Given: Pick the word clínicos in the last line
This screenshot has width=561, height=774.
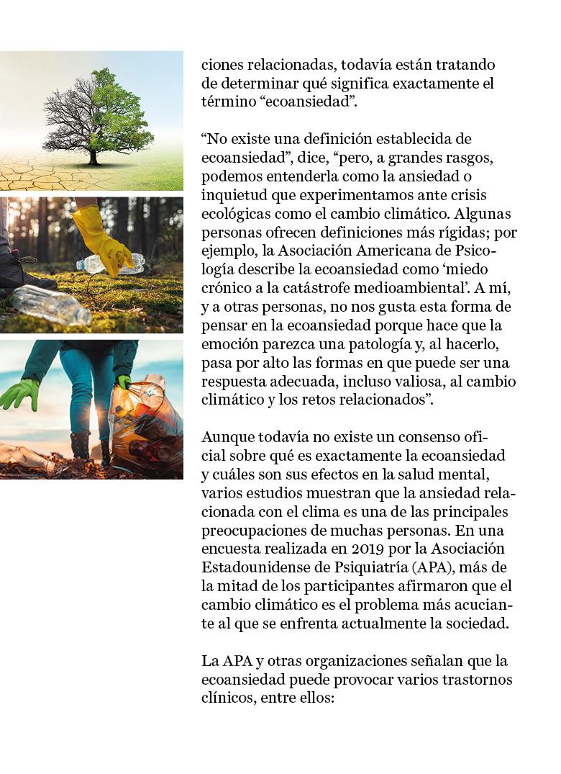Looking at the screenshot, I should pos(227,697).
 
